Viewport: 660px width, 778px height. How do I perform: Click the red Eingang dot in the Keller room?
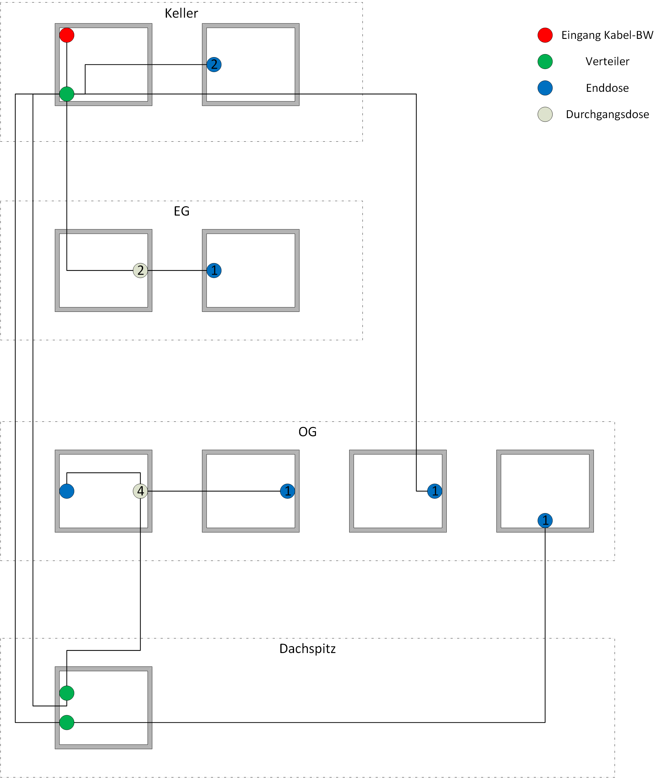click(x=67, y=35)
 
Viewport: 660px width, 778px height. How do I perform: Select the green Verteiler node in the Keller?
click(x=67, y=94)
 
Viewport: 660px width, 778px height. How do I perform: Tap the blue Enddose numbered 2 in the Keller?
click(x=214, y=65)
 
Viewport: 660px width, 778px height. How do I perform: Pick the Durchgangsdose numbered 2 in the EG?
click(x=140, y=270)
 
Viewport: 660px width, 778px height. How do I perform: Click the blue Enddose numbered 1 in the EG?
click(x=214, y=270)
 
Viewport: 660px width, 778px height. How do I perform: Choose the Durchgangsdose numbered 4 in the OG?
click(x=140, y=491)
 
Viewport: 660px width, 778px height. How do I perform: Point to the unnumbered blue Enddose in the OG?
click(x=67, y=491)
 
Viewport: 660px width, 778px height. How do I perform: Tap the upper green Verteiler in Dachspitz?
click(x=67, y=693)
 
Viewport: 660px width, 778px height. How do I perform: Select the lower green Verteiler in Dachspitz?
click(x=67, y=722)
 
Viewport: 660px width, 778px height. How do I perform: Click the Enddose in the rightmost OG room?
click(x=545, y=520)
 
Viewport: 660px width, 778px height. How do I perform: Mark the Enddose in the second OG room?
click(x=287, y=491)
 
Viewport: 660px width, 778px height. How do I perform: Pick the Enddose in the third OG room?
click(x=434, y=491)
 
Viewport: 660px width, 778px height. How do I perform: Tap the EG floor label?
click(x=182, y=211)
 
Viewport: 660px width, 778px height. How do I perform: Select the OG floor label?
click(x=307, y=432)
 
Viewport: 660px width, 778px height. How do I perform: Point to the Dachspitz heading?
click(x=307, y=648)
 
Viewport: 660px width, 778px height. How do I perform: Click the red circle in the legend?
click(x=545, y=35)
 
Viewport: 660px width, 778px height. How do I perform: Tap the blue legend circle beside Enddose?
click(x=545, y=88)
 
